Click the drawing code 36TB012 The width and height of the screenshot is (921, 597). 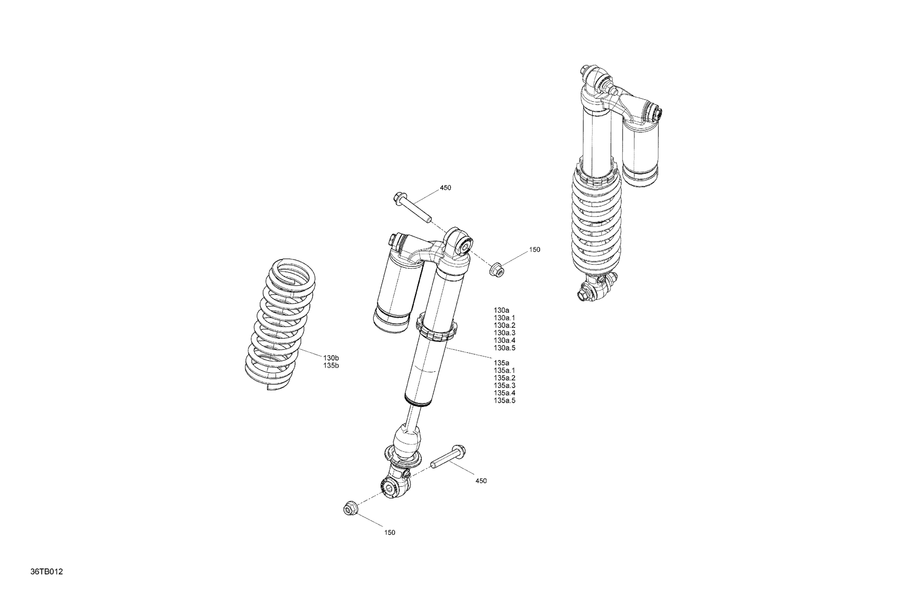point(46,572)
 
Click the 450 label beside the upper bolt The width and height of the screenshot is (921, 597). point(445,188)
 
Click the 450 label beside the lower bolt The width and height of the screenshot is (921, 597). point(481,481)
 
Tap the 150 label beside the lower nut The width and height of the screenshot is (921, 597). point(390,533)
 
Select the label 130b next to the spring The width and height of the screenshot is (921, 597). point(331,358)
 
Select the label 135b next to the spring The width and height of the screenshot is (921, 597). point(331,366)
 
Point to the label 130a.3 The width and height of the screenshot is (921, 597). point(505,333)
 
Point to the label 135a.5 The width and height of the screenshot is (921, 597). point(505,401)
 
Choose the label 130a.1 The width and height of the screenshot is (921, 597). point(505,318)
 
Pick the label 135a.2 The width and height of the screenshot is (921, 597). point(505,378)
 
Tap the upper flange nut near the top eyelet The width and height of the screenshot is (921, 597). point(497,270)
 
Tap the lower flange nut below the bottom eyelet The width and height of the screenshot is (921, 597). point(350,508)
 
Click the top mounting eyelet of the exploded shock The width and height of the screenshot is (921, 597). point(460,243)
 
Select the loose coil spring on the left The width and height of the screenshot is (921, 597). point(280,324)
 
